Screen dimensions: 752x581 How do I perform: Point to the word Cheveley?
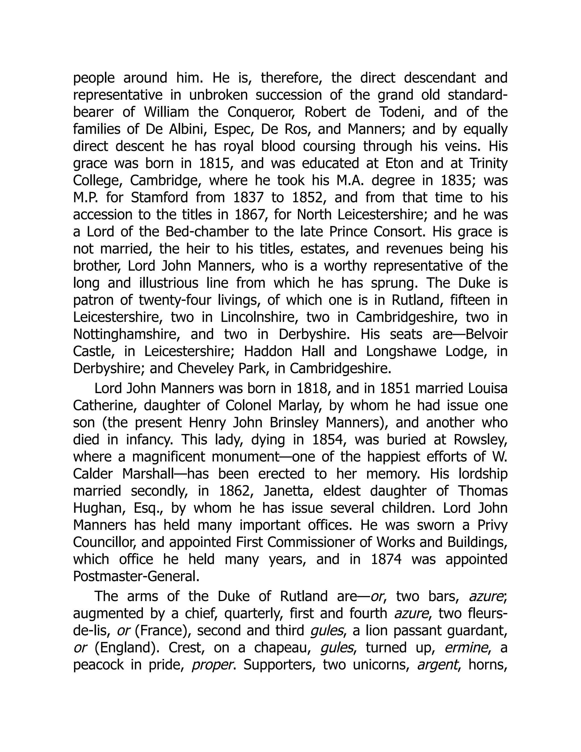click(x=204, y=369)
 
